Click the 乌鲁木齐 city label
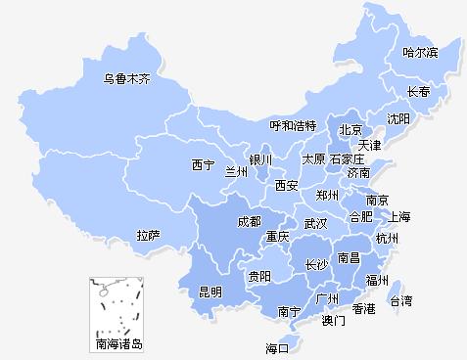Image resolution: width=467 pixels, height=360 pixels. tap(127, 78)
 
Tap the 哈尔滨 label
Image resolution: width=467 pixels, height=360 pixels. tap(421, 51)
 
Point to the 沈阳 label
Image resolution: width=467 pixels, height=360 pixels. tap(398, 119)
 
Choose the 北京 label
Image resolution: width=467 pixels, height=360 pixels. tap(350, 130)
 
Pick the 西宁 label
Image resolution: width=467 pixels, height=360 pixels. tap(204, 164)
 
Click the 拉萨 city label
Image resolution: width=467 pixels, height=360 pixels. tap(149, 236)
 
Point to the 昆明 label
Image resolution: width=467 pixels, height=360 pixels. tap(210, 292)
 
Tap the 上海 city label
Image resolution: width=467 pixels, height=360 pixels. tap(398, 216)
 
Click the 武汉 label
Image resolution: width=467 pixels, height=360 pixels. tap(315, 224)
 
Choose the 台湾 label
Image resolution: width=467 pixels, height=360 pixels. tap(401, 300)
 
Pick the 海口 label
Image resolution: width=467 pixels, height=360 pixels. tap(278, 347)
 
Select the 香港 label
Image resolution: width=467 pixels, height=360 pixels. tap(364, 309)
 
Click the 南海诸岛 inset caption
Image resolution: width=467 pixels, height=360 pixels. tap(118, 344)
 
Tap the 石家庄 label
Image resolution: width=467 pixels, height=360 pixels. tap(347, 158)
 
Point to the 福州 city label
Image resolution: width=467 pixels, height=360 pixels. tap(377, 280)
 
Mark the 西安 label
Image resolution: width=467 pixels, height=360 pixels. tap(286, 185)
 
